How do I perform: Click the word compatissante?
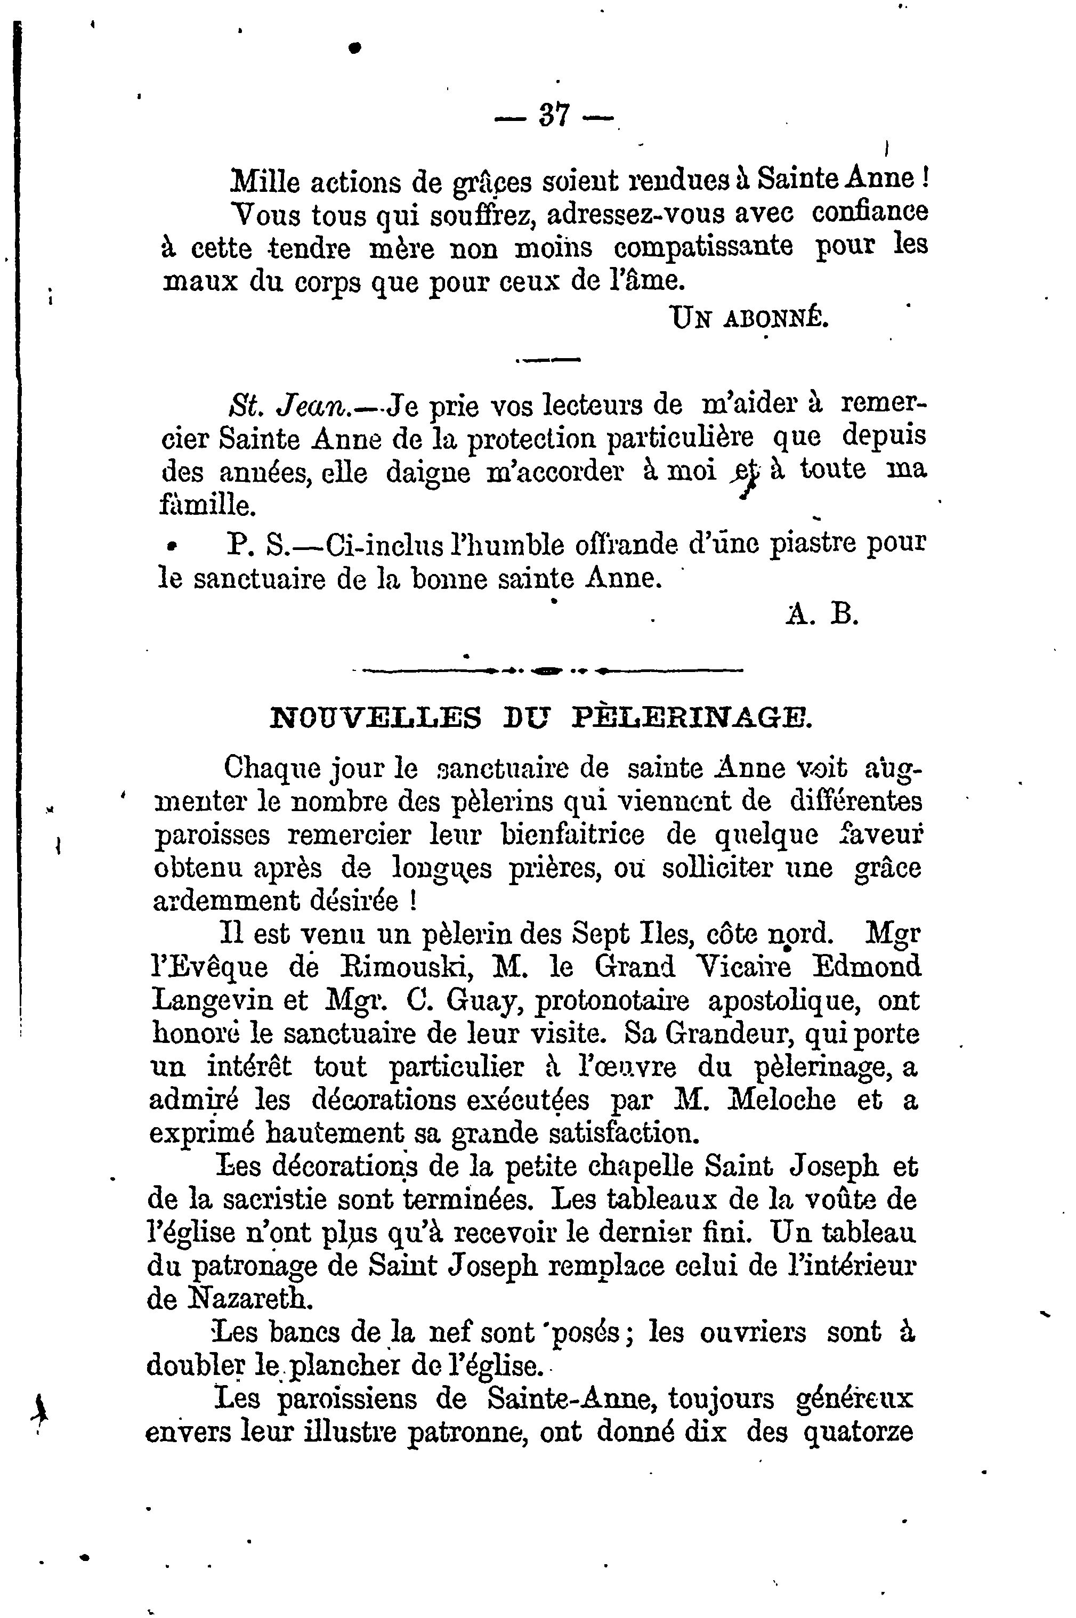coord(703,246)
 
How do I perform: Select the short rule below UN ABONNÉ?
coord(547,359)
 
